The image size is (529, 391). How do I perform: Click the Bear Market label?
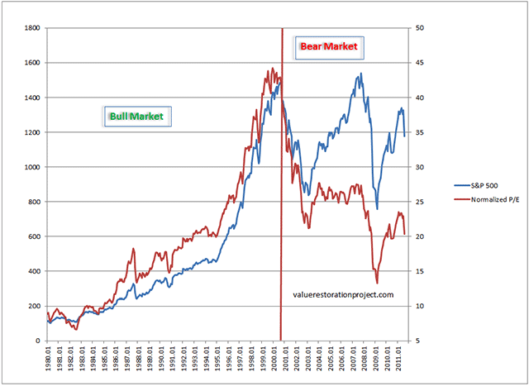pyautogui.click(x=328, y=47)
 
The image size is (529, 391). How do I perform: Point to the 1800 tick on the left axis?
pyautogui.click(x=32, y=28)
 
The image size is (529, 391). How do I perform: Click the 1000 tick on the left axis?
pyautogui.click(x=32, y=167)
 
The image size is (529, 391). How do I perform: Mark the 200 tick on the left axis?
pyautogui.click(x=35, y=306)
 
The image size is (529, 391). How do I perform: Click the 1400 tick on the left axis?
pyautogui.click(x=32, y=98)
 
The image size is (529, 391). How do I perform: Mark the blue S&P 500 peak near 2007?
pyautogui.click(x=360, y=74)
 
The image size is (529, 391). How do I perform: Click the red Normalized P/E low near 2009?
pyautogui.click(x=377, y=283)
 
